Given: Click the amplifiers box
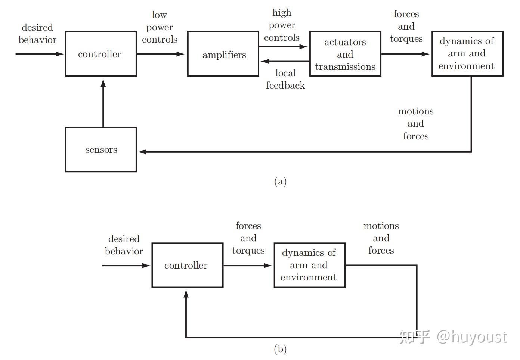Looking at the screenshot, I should click(223, 54).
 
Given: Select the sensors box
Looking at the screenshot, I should click(101, 149).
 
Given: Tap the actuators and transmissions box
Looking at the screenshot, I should click(345, 54).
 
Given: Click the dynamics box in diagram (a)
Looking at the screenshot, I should click(467, 54).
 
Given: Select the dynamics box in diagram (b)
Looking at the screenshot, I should click(309, 265).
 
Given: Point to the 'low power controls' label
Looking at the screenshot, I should click(160, 27).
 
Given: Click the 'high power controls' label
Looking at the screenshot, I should click(282, 25).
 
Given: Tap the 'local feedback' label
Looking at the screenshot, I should click(285, 79).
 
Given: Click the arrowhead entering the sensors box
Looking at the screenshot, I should click(142, 152).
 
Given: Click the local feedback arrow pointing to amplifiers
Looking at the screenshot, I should click(284, 61).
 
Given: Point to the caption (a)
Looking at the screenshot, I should click(280, 181).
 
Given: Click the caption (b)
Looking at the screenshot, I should click(280, 349).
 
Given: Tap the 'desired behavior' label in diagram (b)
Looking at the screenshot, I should click(124, 245).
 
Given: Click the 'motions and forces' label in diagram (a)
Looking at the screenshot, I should click(416, 124).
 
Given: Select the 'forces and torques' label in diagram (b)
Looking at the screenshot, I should click(248, 238).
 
